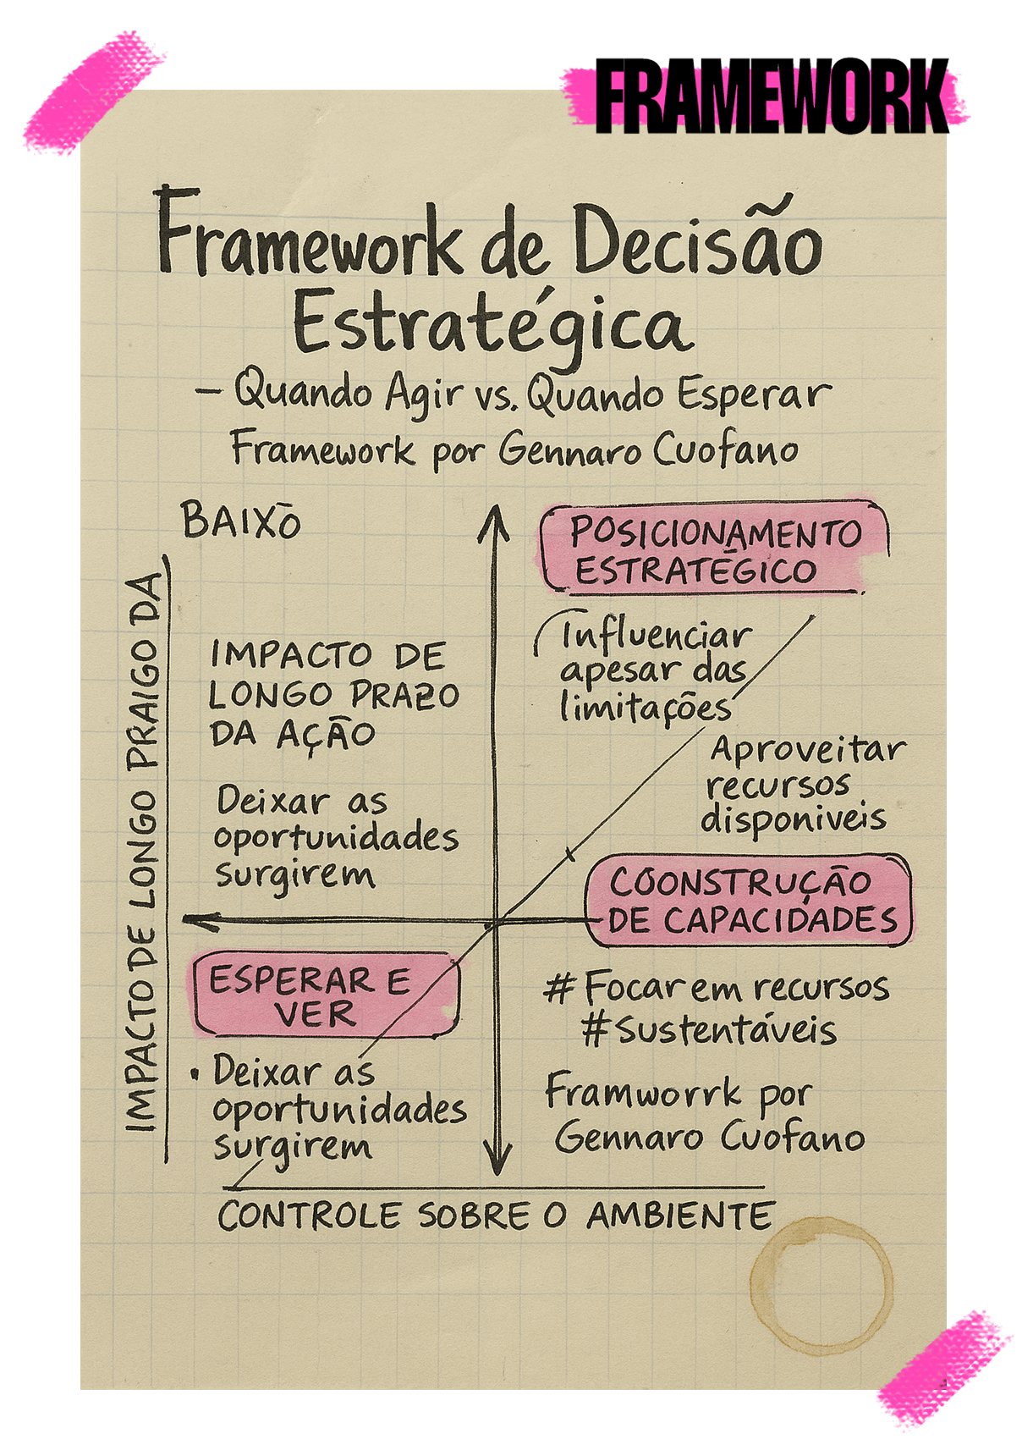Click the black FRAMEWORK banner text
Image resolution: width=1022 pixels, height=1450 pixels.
tap(772, 101)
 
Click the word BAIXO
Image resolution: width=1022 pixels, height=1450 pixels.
tap(241, 521)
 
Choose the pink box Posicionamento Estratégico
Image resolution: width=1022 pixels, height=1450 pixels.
tap(714, 549)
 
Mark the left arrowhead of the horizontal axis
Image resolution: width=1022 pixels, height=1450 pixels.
tap(197, 920)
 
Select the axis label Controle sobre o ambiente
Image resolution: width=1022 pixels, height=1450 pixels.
tap(495, 1216)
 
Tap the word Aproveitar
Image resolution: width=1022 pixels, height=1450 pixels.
tap(807, 750)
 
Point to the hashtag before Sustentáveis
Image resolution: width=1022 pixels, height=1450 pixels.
tap(596, 1030)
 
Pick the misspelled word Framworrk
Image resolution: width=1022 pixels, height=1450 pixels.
tap(643, 1094)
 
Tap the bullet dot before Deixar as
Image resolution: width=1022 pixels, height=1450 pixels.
tap(195, 1075)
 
